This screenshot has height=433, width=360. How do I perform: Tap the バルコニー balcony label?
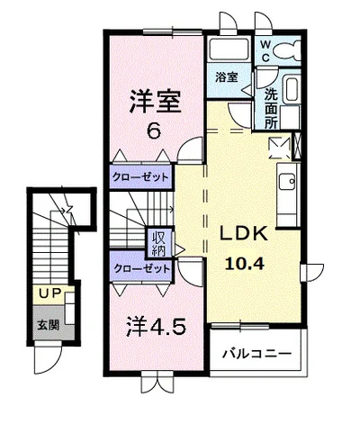[x=257, y=354]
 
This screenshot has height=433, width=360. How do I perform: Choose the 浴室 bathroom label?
[x=225, y=78]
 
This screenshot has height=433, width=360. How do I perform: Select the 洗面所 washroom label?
[x=271, y=109]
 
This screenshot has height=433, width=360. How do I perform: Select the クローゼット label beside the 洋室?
[x=140, y=176]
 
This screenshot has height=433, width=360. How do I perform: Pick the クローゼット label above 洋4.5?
[x=140, y=268]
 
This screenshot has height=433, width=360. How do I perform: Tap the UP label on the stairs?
[x=47, y=293]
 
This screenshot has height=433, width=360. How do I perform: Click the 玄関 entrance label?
[x=47, y=324]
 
